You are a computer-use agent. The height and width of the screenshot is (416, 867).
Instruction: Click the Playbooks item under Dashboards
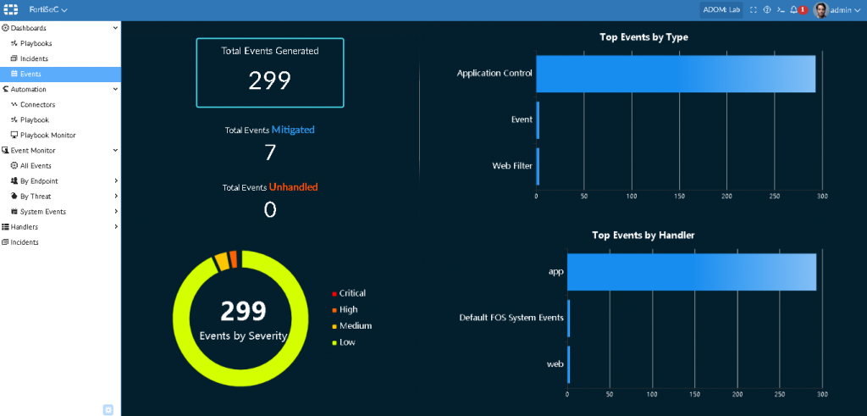[36, 43]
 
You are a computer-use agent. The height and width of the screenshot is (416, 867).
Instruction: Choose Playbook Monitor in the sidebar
[47, 135]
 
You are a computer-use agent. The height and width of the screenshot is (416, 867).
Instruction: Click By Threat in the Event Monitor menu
[36, 196]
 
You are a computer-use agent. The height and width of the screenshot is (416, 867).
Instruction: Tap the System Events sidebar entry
[42, 211]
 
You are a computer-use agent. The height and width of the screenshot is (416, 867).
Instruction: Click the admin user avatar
[820, 9]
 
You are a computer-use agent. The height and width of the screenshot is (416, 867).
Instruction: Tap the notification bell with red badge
[794, 9]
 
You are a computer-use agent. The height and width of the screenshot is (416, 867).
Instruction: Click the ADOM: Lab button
[721, 9]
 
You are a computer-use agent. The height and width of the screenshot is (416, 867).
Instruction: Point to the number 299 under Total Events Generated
[269, 80]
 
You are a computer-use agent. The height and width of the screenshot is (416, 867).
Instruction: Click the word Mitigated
[293, 130]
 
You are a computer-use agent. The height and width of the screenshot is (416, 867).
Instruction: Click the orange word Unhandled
[293, 186]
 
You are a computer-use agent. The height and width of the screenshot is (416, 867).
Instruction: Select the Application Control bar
[675, 74]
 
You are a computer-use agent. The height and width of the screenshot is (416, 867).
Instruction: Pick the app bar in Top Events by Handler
[691, 271]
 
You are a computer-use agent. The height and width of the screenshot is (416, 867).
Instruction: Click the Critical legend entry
[351, 293]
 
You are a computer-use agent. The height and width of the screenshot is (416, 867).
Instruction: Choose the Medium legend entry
[355, 325]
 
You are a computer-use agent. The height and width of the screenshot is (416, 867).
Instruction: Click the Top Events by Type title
[643, 36]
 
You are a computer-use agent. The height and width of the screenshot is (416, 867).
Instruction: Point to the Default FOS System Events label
[511, 318]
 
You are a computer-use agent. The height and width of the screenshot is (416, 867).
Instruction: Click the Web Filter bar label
[512, 166]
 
